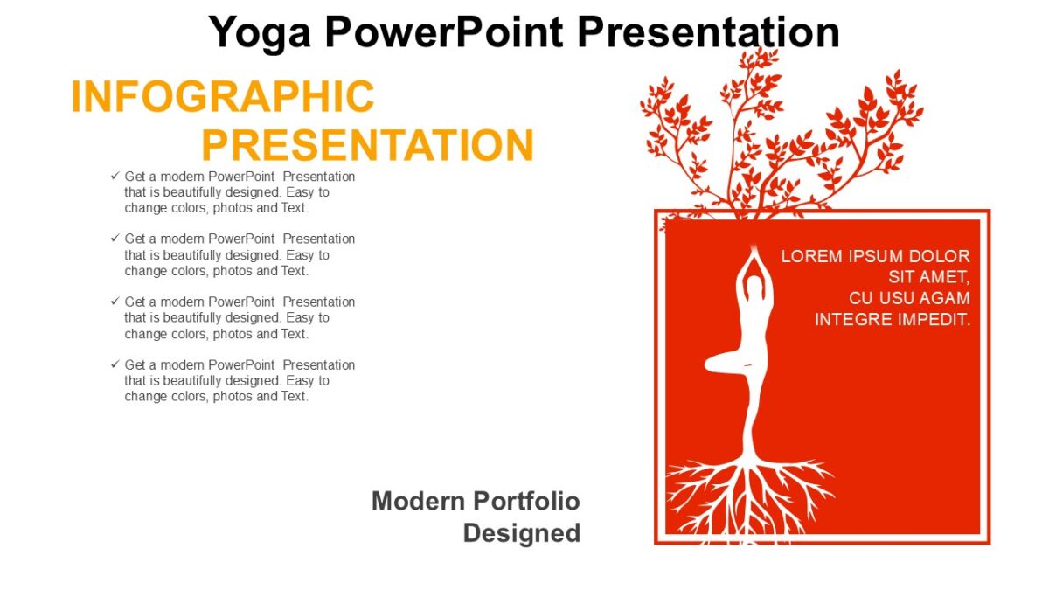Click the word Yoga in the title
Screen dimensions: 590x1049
click(x=261, y=33)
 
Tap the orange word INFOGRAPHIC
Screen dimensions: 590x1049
click(x=222, y=96)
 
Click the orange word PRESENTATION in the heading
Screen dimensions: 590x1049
click(x=367, y=145)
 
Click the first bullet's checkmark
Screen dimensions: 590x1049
click(x=115, y=176)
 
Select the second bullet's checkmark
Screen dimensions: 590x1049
click(x=115, y=239)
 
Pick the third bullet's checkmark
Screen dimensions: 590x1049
click(x=115, y=302)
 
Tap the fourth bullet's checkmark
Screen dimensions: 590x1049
click(x=115, y=364)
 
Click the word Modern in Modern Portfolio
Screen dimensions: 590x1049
click(x=418, y=501)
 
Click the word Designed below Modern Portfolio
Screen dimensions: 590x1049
click(x=522, y=532)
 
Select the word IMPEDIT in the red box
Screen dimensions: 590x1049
click(x=934, y=320)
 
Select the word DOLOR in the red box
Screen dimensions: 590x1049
click(x=940, y=256)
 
